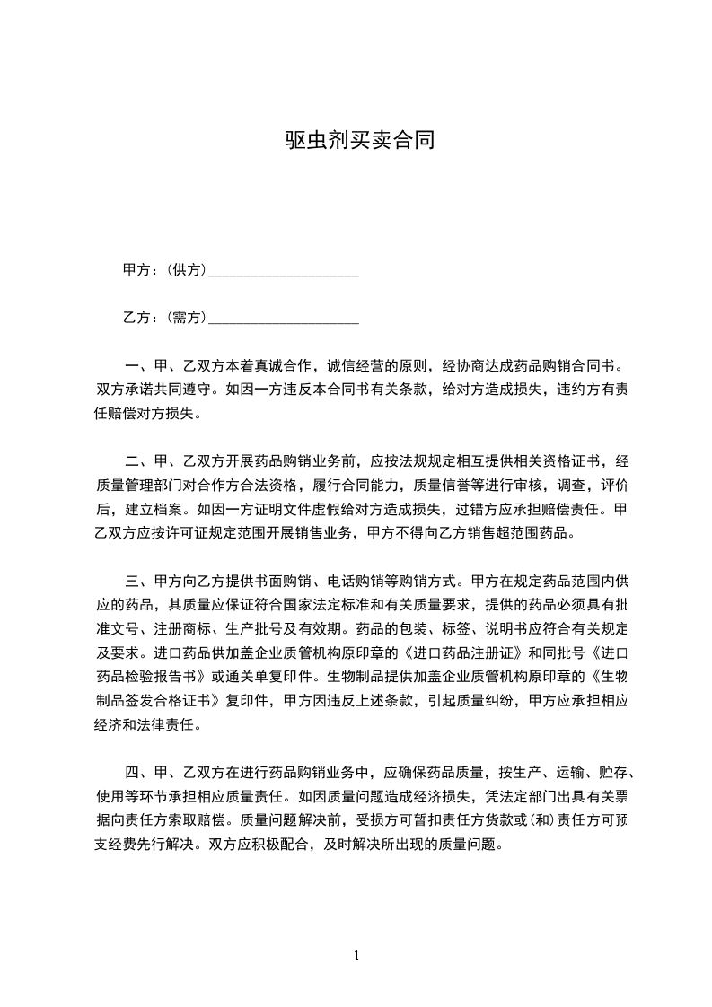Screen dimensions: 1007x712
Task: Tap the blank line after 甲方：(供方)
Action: coord(283,270)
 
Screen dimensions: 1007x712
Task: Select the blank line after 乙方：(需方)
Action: coord(283,318)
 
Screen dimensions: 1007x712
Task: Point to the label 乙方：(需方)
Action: coord(164,318)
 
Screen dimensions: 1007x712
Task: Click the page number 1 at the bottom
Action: coord(356,956)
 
